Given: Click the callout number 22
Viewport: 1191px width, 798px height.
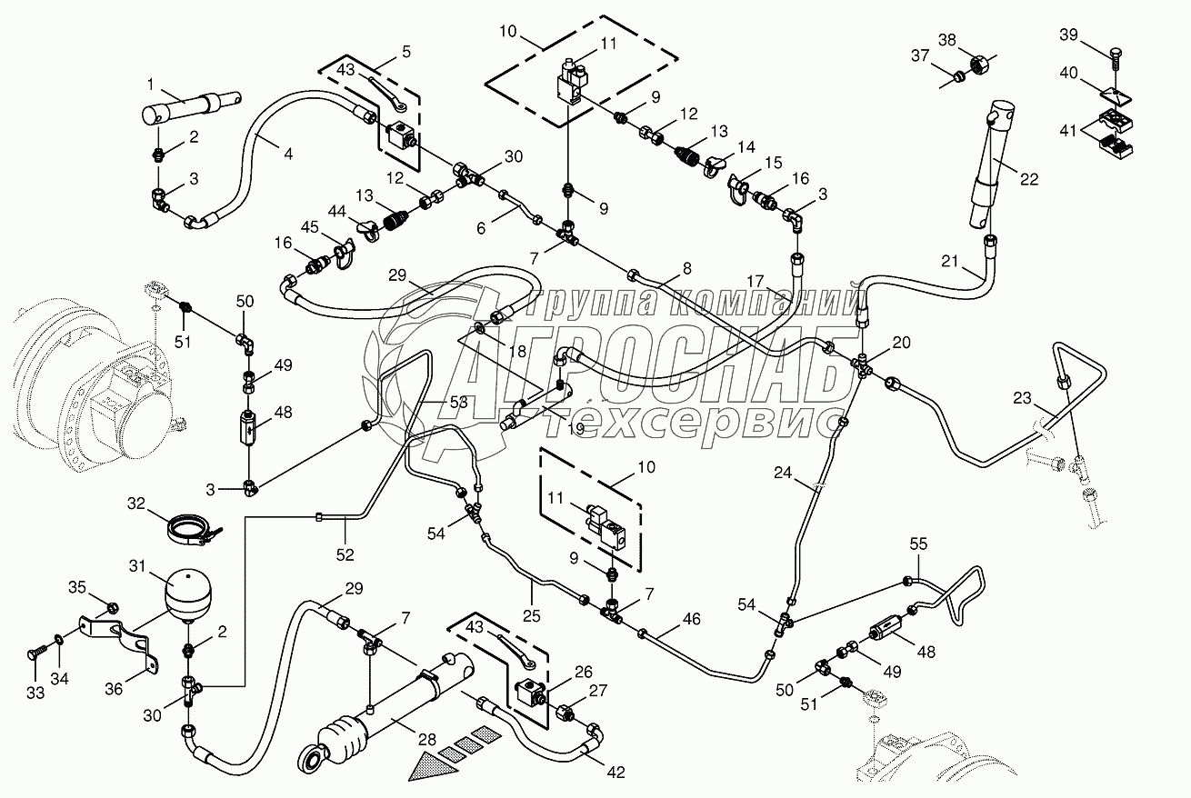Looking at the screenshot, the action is (x=1029, y=179).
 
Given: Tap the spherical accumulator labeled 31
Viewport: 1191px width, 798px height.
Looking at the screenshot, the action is (x=188, y=593).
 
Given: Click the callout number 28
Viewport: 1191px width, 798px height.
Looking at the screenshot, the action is (x=427, y=740).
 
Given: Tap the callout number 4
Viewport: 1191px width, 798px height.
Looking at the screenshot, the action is (x=288, y=155).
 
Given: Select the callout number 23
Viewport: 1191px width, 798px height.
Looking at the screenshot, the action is (x=1022, y=398).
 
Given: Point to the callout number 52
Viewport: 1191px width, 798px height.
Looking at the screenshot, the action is (x=345, y=554).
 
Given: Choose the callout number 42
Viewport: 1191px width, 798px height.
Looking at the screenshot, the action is (x=616, y=773).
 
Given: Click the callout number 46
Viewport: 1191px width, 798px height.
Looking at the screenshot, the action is (x=691, y=619).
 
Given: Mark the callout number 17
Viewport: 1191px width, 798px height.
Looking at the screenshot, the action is (x=755, y=281).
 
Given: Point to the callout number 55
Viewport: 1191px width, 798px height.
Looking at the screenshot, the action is (x=918, y=544).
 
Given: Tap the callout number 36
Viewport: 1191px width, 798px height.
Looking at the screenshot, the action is (x=114, y=690).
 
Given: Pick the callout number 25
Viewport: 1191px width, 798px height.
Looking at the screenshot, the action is (x=531, y=615).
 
